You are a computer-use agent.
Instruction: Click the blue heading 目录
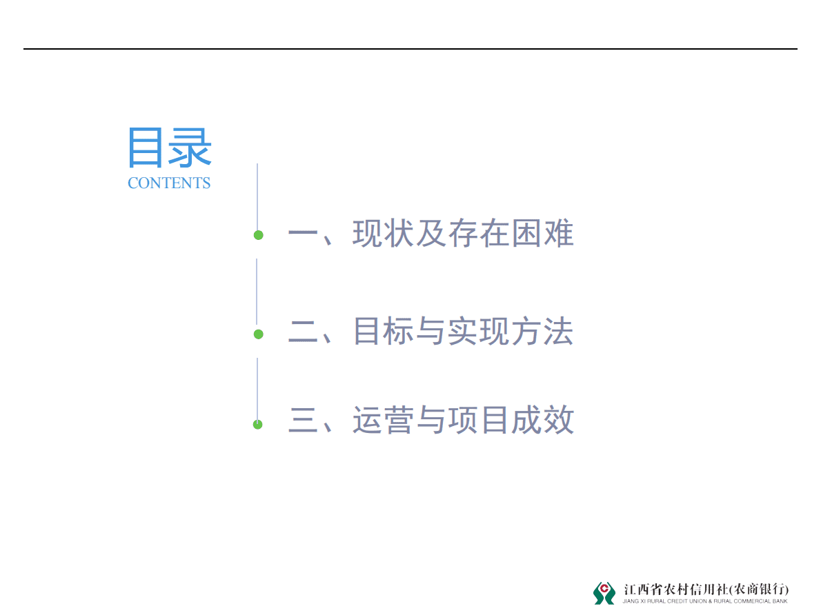(169, 148)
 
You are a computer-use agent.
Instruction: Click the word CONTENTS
(169, 183)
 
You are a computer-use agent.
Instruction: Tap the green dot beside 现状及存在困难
(258, 235)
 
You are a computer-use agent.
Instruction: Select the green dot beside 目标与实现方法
(258, 334)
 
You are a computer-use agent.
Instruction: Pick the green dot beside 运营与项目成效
(258, 424)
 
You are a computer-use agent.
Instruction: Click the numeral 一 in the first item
(301, 235)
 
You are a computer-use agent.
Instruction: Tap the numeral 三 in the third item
(301, 421)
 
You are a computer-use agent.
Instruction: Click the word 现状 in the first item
(384, 234)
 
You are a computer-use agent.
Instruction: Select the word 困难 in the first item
(542, 234)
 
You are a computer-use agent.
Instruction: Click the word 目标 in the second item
(384, 332)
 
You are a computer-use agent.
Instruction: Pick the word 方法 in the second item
(542, 332)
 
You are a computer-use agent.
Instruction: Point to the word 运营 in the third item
(384, 420)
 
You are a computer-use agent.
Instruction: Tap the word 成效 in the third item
(542, 420)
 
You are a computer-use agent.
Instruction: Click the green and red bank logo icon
(604, 592)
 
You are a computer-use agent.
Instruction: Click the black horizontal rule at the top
(410, 49)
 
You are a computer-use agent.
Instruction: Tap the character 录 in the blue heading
(190, 148)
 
